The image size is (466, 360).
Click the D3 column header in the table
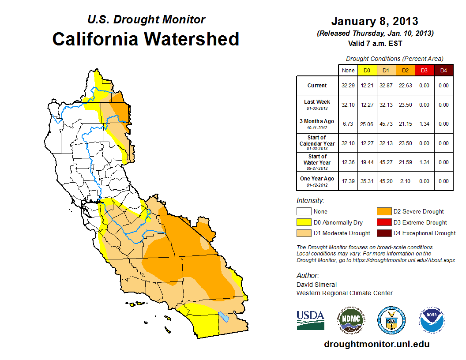point(424,70)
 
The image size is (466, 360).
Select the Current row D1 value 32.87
point(386,86)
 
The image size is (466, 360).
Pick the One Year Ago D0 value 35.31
point(367,181)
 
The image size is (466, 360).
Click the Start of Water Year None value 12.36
point(348,162)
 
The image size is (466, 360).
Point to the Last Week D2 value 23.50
point(405,105)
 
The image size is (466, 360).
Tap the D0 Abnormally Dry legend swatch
point(304,222)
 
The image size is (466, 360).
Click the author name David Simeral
point(316,285)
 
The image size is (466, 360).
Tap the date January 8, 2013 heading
point(375,21)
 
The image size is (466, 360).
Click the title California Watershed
point(146,39)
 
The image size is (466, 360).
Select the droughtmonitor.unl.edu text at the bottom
point(376,344)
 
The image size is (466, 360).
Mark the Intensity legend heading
point(310,201)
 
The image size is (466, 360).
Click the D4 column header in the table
point(443,70)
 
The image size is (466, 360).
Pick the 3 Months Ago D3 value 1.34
point(424,124)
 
